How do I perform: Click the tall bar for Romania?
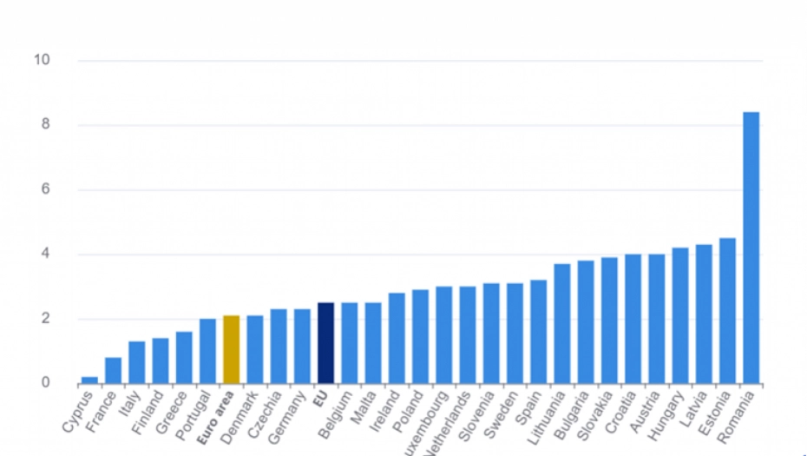pyautogui.click(x=751, y=248)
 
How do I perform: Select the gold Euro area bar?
pyautogui.click(x=231, y=349)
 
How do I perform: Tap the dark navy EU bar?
pyautogui.click(x=325, y=343)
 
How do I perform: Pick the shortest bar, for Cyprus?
pyautogui.click(x=89, y=380)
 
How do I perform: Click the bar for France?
pyautogui.click(x=113, y=370)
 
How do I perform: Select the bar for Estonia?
pyautogui.click(x=728, y=310)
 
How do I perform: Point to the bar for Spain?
pyautogui.click(x=538, y=331)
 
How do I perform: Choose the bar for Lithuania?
pyautogui.click(x=562, y=323)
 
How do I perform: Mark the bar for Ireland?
pyautogui.click(x=397, y=338)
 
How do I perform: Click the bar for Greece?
pyautogui.click(x=184, y=357)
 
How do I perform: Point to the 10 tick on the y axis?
pyautogui.click(x=42, y=60)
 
